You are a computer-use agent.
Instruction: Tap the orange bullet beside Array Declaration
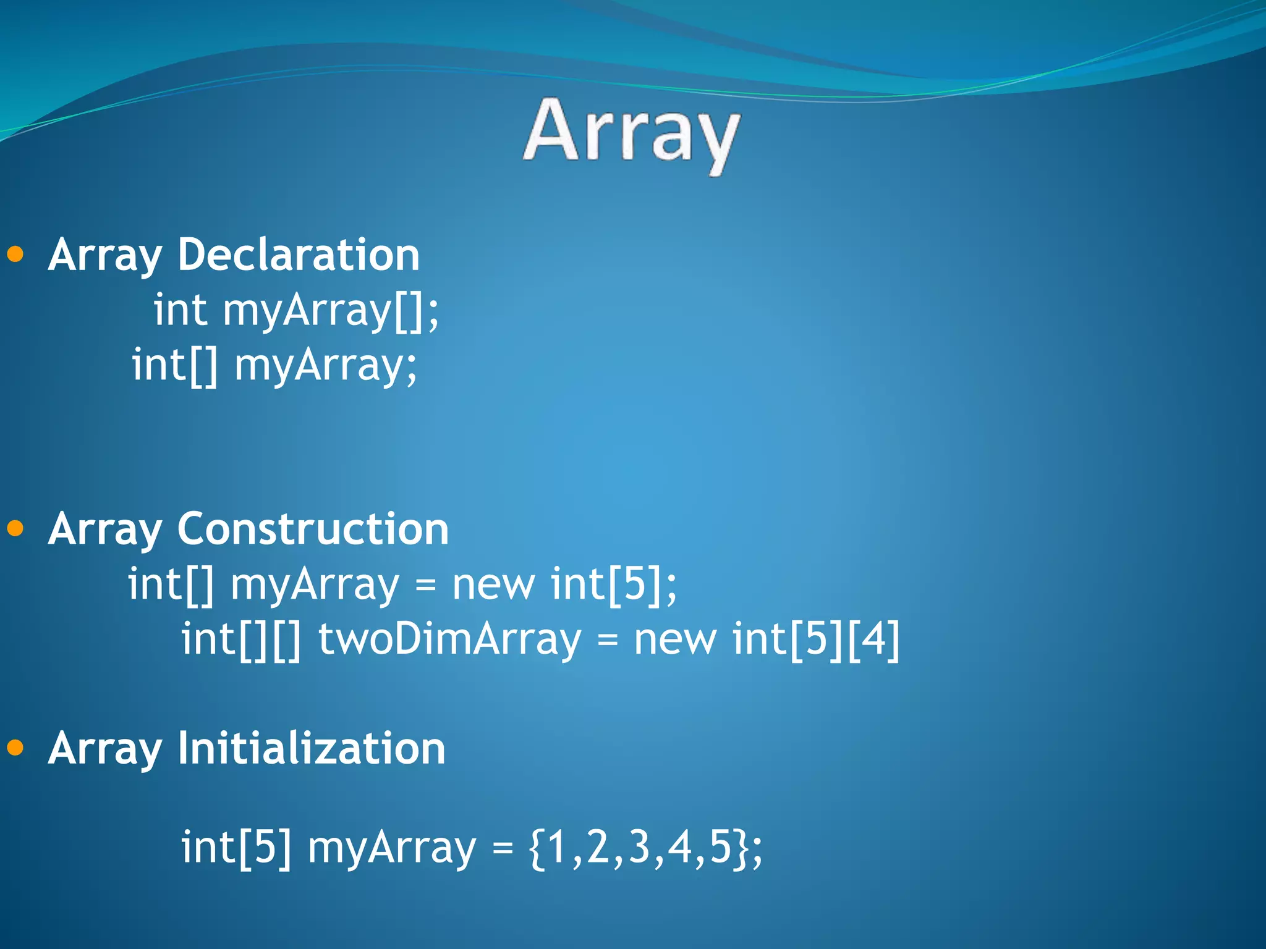(15, 254)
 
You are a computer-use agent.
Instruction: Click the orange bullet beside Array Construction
(15, 528)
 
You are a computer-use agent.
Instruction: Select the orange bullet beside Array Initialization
(15, 748)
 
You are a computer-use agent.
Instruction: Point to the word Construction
(313, 529)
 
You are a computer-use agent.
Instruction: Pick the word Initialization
(312, 748)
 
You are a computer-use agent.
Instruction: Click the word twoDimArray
(449, 639)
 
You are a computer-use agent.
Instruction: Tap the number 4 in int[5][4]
(873, 639)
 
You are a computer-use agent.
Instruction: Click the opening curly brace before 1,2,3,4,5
(538, 848)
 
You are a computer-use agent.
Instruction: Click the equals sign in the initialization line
(503, 849)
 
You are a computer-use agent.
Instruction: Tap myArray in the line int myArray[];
(307, 311)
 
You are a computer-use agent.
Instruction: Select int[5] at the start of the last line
(236, 848)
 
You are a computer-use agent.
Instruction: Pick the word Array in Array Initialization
(105, 749)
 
